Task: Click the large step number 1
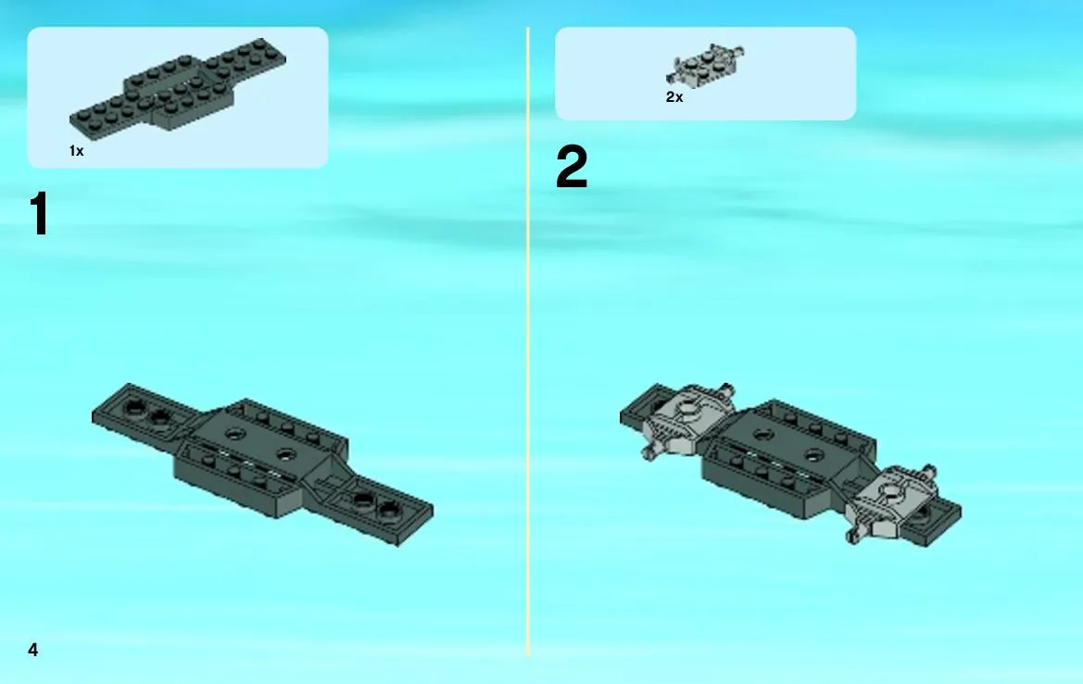39,214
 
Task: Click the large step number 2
572,167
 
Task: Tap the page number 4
33,650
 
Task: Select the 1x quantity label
77,151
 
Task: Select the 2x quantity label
674,97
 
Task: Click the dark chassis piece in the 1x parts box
178,84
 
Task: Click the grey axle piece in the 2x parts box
705,66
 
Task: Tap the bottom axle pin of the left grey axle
649,452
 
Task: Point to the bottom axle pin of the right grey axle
854,536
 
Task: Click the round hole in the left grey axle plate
686,409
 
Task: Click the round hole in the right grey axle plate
890,493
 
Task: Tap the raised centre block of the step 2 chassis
788,456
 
